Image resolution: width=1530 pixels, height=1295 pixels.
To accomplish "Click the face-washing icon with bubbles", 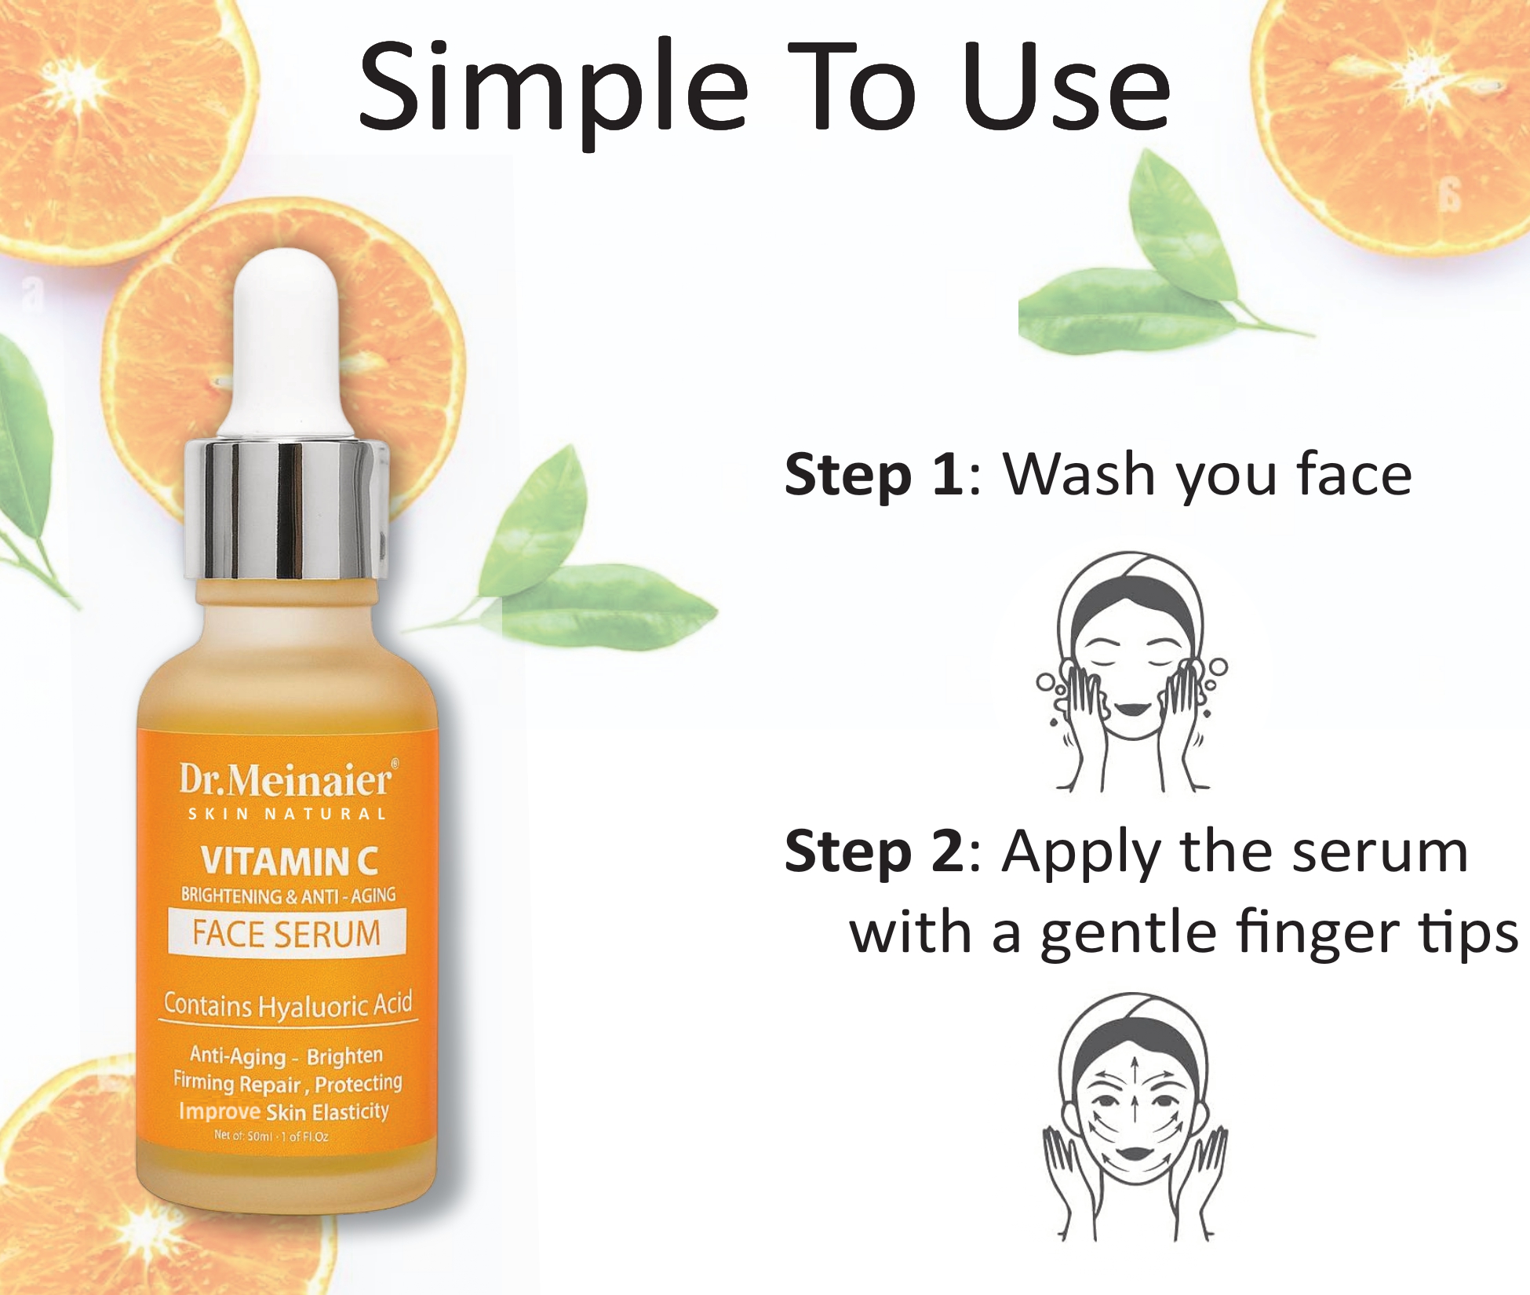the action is coord(1132,672).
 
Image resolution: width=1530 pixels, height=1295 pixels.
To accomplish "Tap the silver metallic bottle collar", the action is coord(286,510).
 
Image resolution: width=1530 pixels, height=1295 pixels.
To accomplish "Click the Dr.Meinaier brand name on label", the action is coord(286,779).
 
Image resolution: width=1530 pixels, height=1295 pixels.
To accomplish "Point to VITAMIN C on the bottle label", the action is coord(289,861).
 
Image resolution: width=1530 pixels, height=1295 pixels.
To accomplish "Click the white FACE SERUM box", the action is coord(287,932).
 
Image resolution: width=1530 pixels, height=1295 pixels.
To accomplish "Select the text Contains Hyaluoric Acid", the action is coord(288,1005).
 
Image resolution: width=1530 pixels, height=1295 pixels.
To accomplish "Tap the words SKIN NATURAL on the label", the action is coord(286,815).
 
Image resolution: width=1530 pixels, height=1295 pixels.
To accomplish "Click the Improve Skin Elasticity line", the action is coord(284,1111).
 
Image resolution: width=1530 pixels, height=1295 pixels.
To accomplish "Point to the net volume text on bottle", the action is coord(271,1136).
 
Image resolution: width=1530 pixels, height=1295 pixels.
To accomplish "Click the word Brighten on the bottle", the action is coord(345,1056).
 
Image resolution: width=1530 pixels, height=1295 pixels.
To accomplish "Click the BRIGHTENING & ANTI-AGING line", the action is coord(288,896).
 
